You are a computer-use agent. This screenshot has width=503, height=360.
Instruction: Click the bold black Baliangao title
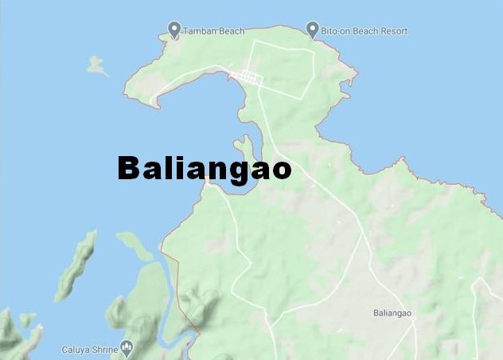pos(204,169)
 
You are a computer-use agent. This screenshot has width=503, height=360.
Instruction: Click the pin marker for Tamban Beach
pos(174,30)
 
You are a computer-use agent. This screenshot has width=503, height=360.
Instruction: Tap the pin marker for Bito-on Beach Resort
pos(312,30)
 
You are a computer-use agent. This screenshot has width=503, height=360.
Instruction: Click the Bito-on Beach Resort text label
pos(364,32)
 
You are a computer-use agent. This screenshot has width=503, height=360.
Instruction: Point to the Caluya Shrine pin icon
pos(127,348)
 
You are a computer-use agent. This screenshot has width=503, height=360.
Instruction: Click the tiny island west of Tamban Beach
pos(98,65)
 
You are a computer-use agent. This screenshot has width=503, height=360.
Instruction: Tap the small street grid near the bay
pos(245,77)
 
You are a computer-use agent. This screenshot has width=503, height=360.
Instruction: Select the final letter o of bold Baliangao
pos(280,170)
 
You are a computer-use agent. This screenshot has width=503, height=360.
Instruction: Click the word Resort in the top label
pos(393,32)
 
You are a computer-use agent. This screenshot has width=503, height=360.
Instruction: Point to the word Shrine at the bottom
pos(103,350)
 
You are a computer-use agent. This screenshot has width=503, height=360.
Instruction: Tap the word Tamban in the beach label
pos(197,32)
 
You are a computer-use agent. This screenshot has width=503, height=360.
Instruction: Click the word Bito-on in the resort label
pos(335,32)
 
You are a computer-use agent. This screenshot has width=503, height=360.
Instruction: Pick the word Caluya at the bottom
pos(76,350)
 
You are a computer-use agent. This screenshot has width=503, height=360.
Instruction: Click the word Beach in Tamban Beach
pos(222,32)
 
